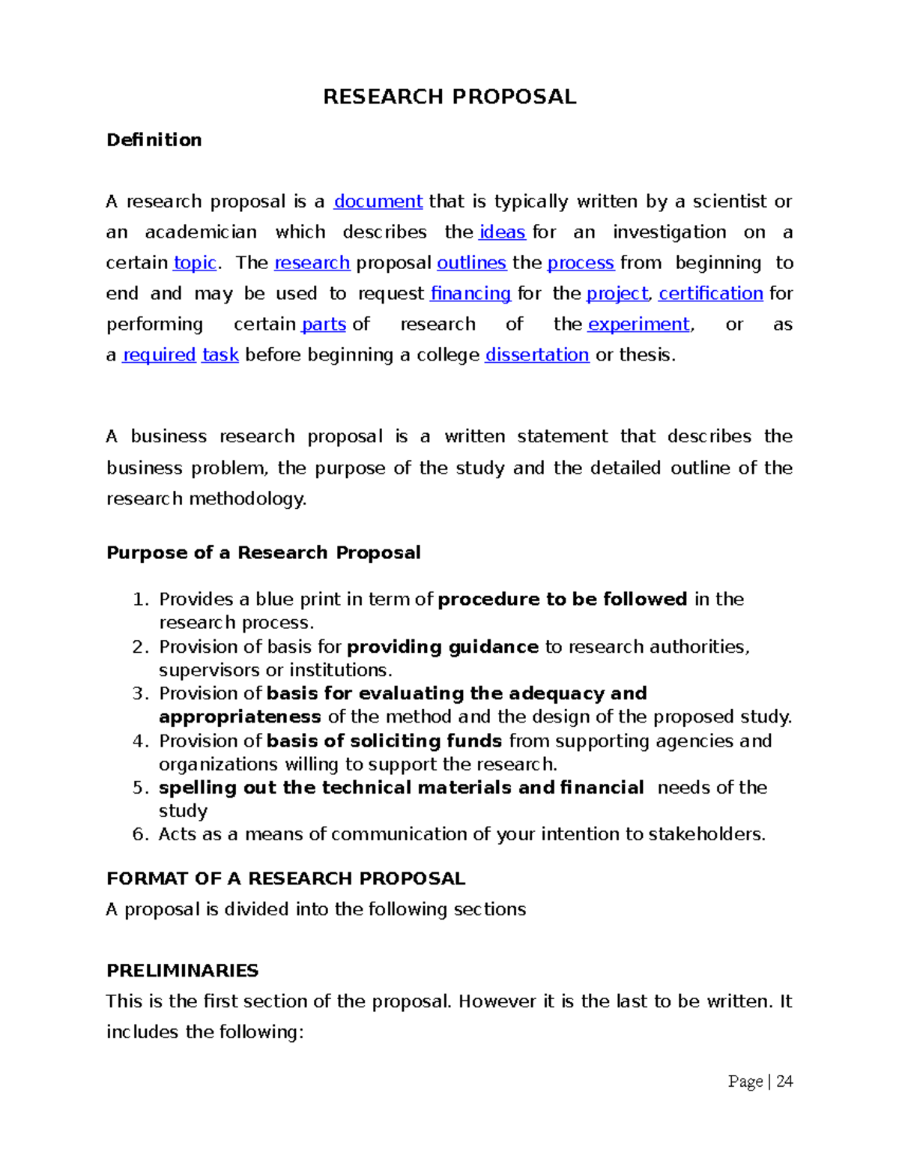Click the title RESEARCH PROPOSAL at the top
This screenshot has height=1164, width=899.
(x=449, y=97)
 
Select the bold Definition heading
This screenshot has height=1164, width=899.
(x=154, y=140)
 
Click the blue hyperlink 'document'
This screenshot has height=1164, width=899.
(x=378, y=202)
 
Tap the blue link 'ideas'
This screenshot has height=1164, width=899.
(x=502, y=232)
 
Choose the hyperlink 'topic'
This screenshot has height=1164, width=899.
(x=195, y=263)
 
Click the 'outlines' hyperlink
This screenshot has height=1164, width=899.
(x=471, y=263)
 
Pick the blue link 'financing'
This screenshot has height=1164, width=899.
(x=470, y=294)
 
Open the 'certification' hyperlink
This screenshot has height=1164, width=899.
(x=710, y=294)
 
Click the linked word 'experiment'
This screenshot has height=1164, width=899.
(x=638, y=325)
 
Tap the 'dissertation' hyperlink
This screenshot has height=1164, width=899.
(x=536, y=355)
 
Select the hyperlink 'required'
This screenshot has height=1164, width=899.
(x=159, y=355)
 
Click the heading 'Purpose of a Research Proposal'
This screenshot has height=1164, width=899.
(x=263, y=553)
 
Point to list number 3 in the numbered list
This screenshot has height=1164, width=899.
(x=140, y=694)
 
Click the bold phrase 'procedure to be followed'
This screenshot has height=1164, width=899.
(x=562, y=600)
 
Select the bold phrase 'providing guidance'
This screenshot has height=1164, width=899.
(x=443, y=647)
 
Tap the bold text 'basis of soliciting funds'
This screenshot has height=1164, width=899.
(x=384, y=741)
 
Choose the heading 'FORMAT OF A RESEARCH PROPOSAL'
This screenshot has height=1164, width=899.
(x=285, y=878)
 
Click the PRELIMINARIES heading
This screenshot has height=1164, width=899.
(x=182, y=971)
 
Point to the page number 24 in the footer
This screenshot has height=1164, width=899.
(x=784, y=1081)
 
